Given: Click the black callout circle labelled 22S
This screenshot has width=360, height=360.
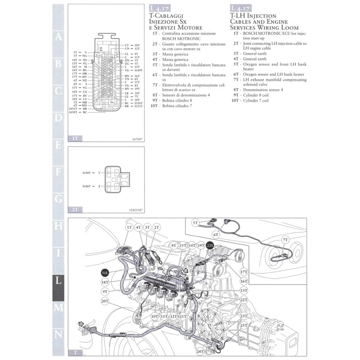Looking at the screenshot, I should (210, 246).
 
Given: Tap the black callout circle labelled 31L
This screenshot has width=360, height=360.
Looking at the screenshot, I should (105, 272).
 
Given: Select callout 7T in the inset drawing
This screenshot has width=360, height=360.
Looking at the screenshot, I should (285, 239).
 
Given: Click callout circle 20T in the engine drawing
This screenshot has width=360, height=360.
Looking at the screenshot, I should (105, 301).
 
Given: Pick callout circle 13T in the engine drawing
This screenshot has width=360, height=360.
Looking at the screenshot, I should (244, 290).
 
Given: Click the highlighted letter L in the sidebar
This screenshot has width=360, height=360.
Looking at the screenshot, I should (59, 281).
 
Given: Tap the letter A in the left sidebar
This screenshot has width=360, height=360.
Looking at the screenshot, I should (59, 36).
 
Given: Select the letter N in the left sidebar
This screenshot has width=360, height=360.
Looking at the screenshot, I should (59, 334).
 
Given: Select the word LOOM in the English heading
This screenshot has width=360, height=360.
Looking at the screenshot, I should (288, 27).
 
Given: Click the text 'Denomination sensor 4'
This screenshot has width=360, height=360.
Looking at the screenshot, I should (263, 90).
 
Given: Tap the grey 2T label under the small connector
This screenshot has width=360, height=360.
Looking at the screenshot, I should (75, 210).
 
